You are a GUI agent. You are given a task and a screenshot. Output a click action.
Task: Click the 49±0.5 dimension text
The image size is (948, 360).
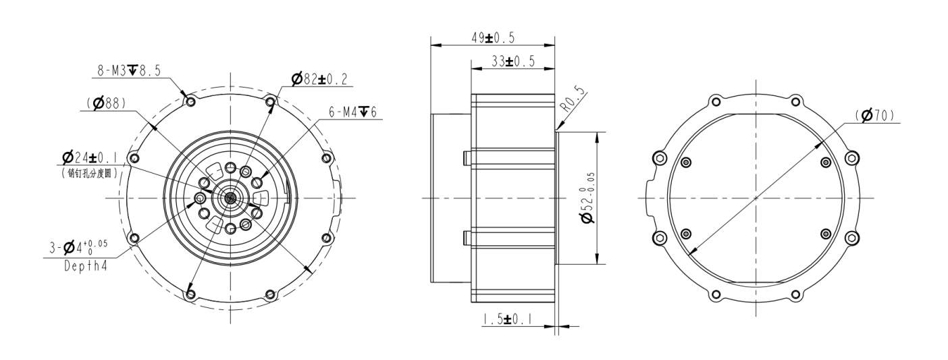493,38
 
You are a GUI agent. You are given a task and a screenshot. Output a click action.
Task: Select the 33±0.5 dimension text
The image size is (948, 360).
513,61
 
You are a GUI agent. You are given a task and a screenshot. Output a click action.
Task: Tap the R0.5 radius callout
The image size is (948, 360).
573,99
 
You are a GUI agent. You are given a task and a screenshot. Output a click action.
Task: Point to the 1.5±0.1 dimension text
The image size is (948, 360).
507,319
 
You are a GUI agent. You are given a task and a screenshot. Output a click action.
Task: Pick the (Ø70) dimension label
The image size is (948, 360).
875,115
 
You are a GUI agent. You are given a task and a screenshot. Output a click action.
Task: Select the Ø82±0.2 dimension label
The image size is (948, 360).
319,79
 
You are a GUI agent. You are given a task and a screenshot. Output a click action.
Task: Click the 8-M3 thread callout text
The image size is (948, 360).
129,71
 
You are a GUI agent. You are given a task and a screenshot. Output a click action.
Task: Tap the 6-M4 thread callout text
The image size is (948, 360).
352,112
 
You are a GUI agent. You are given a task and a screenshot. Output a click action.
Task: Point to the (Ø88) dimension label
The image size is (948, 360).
106,103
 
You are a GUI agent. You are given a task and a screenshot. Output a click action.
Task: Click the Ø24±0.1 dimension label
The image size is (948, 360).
90,157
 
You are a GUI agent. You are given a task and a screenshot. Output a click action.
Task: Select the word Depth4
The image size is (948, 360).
86,266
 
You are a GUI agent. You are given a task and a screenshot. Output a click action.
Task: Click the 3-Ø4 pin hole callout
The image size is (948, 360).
78,247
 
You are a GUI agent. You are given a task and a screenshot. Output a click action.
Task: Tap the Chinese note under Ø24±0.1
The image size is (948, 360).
89,173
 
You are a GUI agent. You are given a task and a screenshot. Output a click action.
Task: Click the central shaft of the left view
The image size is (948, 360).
230,197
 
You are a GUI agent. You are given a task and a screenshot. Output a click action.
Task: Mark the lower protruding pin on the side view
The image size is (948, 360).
467,238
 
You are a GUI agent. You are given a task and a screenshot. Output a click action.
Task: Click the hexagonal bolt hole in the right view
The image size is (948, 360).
852,159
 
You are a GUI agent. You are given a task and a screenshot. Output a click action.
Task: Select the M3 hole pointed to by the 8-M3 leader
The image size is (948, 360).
190,101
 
